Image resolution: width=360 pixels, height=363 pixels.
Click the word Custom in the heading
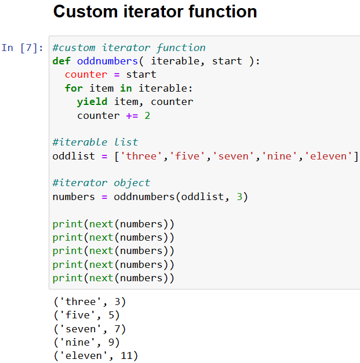85,12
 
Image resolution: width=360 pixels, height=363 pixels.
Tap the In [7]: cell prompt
22,48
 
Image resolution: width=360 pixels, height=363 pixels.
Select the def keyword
61,61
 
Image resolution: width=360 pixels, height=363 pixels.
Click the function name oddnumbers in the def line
107,61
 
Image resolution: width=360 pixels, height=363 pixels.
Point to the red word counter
86,75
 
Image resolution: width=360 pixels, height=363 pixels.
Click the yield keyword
92,102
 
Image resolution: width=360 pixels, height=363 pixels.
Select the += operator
132,115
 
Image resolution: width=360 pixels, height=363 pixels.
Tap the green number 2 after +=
147,115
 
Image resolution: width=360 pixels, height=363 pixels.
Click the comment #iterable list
95,142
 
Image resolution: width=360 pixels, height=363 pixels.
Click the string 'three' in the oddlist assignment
141,156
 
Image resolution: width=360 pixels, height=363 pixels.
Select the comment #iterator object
101,183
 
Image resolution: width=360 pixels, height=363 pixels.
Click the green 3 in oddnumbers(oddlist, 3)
239,197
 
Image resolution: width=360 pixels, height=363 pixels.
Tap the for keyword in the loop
74,88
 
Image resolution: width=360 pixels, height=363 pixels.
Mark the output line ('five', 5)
86,315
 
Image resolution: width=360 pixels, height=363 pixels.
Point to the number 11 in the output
126,355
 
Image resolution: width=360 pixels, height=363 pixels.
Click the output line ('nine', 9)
86,342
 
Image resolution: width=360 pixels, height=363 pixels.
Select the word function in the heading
223,12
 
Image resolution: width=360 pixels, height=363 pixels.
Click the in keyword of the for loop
126,88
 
